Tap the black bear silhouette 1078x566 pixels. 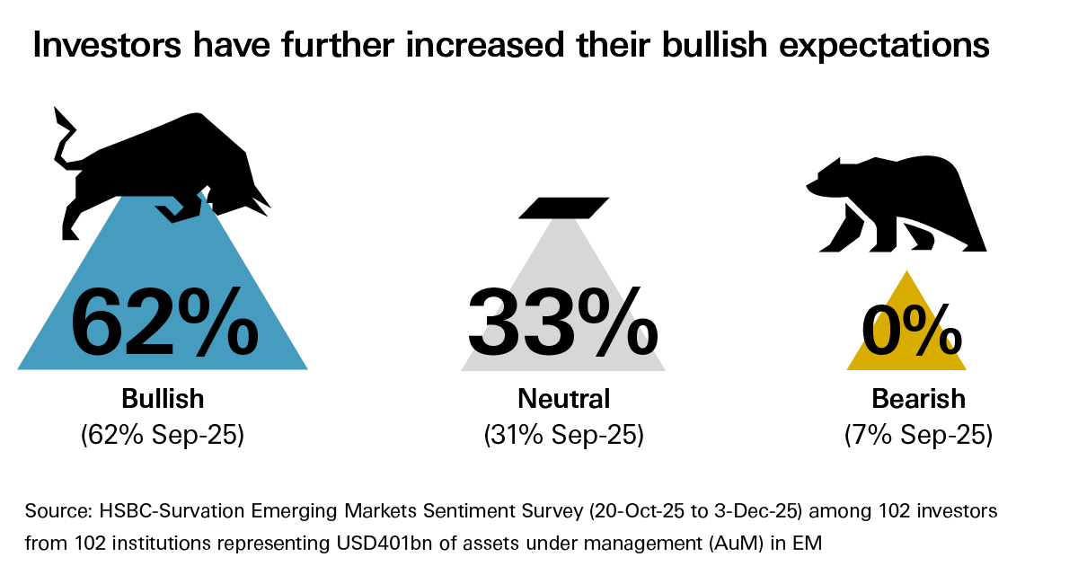coord(898,202)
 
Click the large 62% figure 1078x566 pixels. coord(163,321)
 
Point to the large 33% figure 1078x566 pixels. coord(562,321)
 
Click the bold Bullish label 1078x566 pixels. coord(163,398)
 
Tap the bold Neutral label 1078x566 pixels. coord(563,398)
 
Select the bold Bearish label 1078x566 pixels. coord(918,398)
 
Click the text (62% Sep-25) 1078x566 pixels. coord(163,436)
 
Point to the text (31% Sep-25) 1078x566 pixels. coord(563,436)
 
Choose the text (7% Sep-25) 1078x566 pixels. coord(918,436)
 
